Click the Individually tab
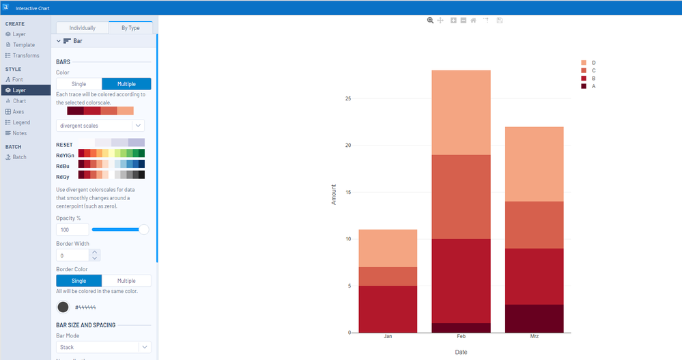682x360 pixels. pyautogui.click(x=82, y=28)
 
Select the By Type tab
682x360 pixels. pyautogui.click(x=130, y=28)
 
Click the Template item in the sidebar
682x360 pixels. pyautogui.click(x=24, y=44)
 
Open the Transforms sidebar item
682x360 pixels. pyautogui.click(x=26, y=55)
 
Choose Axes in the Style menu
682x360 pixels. pyautogui.click(x=18, y=111)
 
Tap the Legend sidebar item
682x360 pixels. pyautogui.click(x=21, y=122)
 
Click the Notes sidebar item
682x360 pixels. pyautogui.click(x=20, y=133)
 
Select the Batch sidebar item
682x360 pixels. pyautogui.click(x=19, y=157)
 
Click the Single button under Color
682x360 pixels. pyautogui.click(x=79, y=84)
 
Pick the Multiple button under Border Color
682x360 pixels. pyautogui.click(x=126, y=281)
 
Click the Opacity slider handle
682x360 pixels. pyautogui.click(x=143, y=230)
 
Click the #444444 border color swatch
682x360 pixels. pyautogui.click(x=63, y=307)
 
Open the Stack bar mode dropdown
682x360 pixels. pyautogui.click(x=103, y=347)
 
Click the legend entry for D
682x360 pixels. pyautogui.click(x=593, y=62)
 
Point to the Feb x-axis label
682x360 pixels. pyautogui.click(x=461, y=337)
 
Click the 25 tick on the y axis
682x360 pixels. pyautogui.click(x=347, y=99)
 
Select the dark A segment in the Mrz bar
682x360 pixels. pyautogui.click(x=534, y=318)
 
